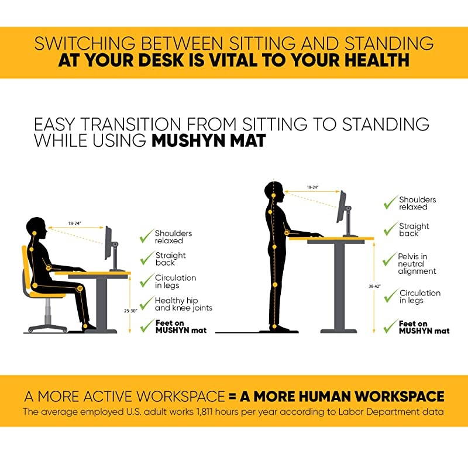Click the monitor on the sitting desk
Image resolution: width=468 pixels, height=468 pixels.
point(108,243)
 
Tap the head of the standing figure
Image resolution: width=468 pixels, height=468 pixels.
point(274,192)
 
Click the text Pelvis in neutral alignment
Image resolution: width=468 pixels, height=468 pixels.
point(417,264)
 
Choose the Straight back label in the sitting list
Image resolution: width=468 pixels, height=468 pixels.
point(170,259)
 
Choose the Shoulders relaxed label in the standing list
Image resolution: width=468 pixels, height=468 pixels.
point(417,203)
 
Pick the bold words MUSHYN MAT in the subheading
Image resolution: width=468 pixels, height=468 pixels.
point(208,141)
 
